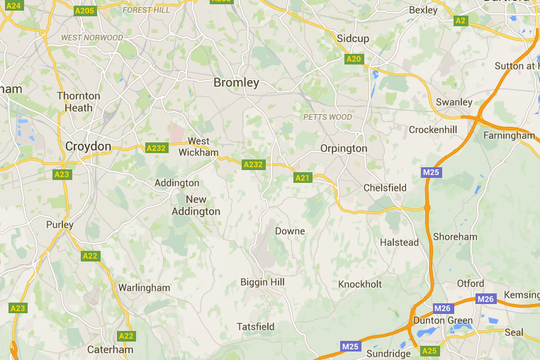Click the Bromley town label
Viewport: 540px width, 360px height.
coord(237,83)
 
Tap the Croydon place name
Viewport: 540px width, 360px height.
coord(88,147)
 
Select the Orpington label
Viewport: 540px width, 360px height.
coord(344,149)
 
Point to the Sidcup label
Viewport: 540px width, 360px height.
coord(353,38)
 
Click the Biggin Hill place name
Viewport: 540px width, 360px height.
coord(262,282)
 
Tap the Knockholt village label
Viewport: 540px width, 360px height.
coord(359,284)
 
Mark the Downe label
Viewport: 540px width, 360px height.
coord(290,231)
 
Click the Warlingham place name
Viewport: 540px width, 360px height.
coord(144,288)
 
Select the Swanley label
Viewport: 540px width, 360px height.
coord(454,102)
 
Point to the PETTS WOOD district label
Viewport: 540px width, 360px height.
coord(327,117)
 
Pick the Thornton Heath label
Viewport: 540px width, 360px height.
coord(79,102)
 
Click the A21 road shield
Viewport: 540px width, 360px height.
coord(303,178)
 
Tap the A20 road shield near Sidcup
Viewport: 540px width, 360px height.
coord(354,59)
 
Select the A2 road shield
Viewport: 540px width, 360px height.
coord(461,21)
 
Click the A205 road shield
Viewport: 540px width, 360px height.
coord(84,11)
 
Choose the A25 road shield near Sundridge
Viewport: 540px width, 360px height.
coord(429,351)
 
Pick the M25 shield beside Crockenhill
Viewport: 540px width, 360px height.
coord(431,172)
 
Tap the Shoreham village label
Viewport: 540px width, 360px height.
coord(455,237)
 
